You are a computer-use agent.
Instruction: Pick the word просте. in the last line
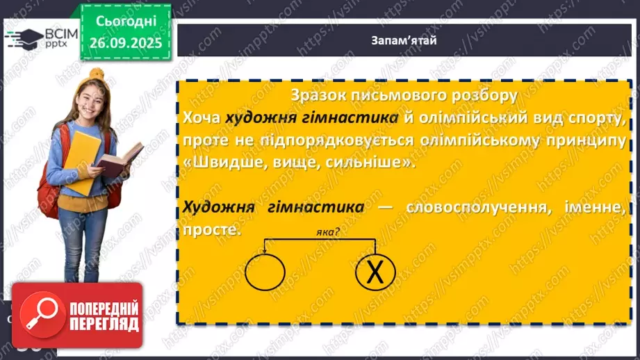(x=212, y=230)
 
